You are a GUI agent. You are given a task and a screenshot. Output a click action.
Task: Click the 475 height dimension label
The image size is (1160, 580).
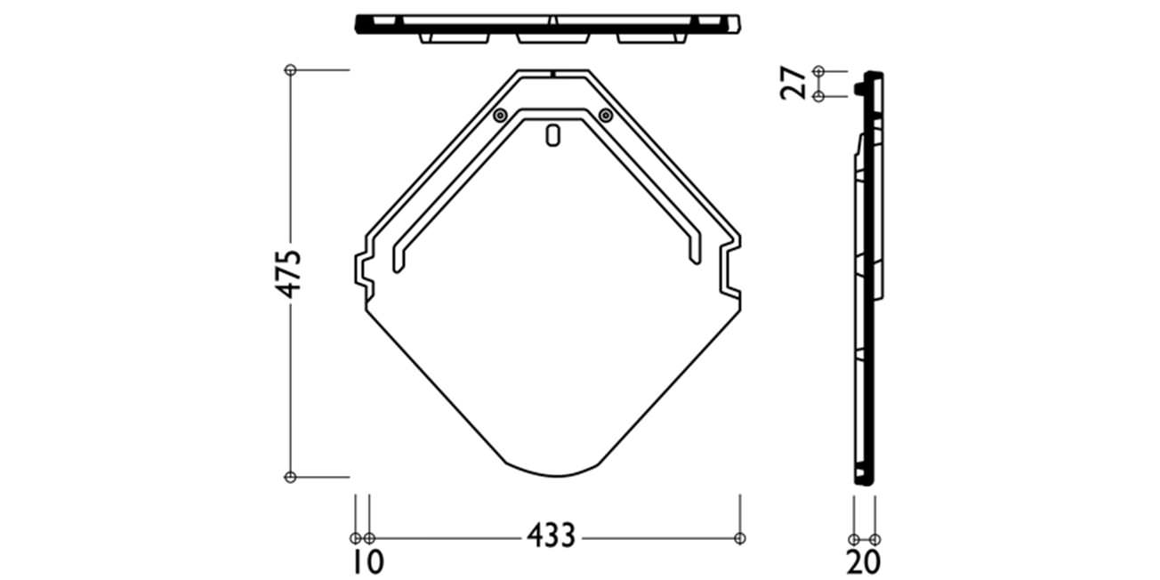click(x=288, y=274)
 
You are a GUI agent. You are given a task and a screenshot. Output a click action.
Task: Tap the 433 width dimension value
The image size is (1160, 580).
click(x=551, y=536)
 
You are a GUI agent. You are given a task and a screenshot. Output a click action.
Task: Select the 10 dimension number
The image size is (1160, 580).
click(x=367, y=562)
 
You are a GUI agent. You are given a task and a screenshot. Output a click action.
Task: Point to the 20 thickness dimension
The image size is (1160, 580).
click(x=863, y=562)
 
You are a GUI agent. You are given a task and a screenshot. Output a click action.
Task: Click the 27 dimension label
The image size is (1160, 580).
click(x=793, y=83)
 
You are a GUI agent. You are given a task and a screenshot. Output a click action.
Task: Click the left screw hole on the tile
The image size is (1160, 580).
click(x=500, y=115)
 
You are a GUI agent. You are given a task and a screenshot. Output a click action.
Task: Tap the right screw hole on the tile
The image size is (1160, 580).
click(x=606, y=115)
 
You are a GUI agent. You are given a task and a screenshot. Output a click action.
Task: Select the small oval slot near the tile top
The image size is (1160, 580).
click(x=553, y=136)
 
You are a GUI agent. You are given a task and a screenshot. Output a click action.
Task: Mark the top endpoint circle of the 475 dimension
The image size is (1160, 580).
click(x=291, y=70)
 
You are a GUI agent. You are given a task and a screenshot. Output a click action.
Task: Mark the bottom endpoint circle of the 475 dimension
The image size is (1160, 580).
click(x=291, y=477)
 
